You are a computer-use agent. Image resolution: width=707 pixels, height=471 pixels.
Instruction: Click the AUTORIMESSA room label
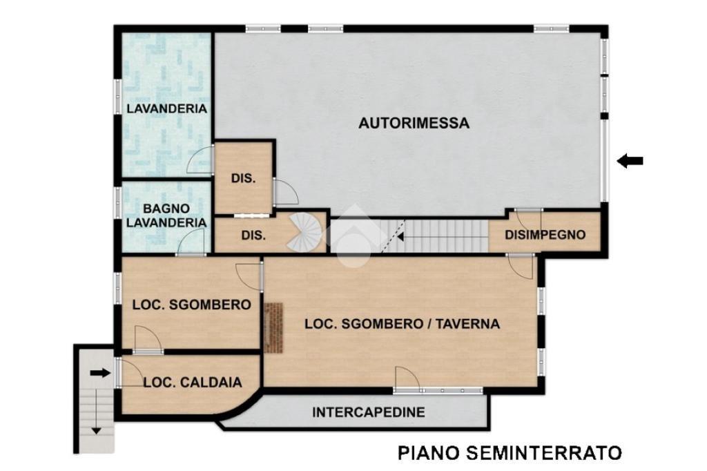tap(414, 123)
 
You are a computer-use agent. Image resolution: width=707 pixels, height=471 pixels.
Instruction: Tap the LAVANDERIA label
tap(167, 108)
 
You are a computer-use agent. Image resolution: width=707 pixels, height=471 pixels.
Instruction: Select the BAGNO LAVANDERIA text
tap(166, 215)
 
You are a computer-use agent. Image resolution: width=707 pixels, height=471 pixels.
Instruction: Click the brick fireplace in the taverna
tap(273, 327)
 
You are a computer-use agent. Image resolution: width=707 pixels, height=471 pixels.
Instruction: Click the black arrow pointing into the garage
tap(630, 160)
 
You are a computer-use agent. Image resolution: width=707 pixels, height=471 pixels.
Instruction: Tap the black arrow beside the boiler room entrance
tap(100, 373)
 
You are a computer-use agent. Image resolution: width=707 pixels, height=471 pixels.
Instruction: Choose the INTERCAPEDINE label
tap(369, 412)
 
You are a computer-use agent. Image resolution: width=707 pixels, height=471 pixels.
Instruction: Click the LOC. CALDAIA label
tap(193, 383)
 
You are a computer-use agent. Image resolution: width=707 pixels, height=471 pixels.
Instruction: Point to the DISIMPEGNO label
tap(545, 235)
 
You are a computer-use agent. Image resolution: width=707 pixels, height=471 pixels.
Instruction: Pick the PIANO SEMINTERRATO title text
tap(510, 452)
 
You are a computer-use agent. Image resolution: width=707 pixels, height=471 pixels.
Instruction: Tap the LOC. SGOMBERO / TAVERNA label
tap(403, 323)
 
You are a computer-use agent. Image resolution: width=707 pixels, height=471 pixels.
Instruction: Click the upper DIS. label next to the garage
tap(244, 178)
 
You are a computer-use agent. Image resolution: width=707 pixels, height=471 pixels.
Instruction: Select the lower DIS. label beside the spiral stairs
tap(253, 235)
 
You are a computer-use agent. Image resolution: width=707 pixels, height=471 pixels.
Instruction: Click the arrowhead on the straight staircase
tap(400, 236)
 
